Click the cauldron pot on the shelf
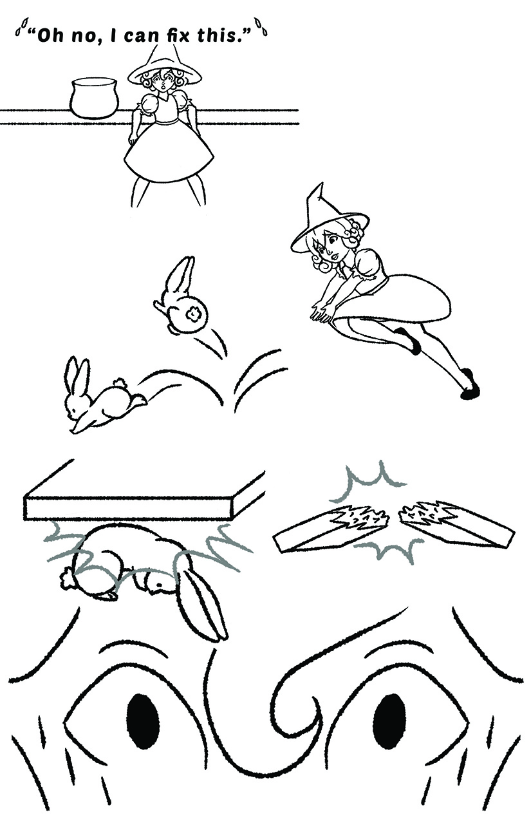(95, 98)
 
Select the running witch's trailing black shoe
(469, 385)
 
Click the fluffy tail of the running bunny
(120, 383)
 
